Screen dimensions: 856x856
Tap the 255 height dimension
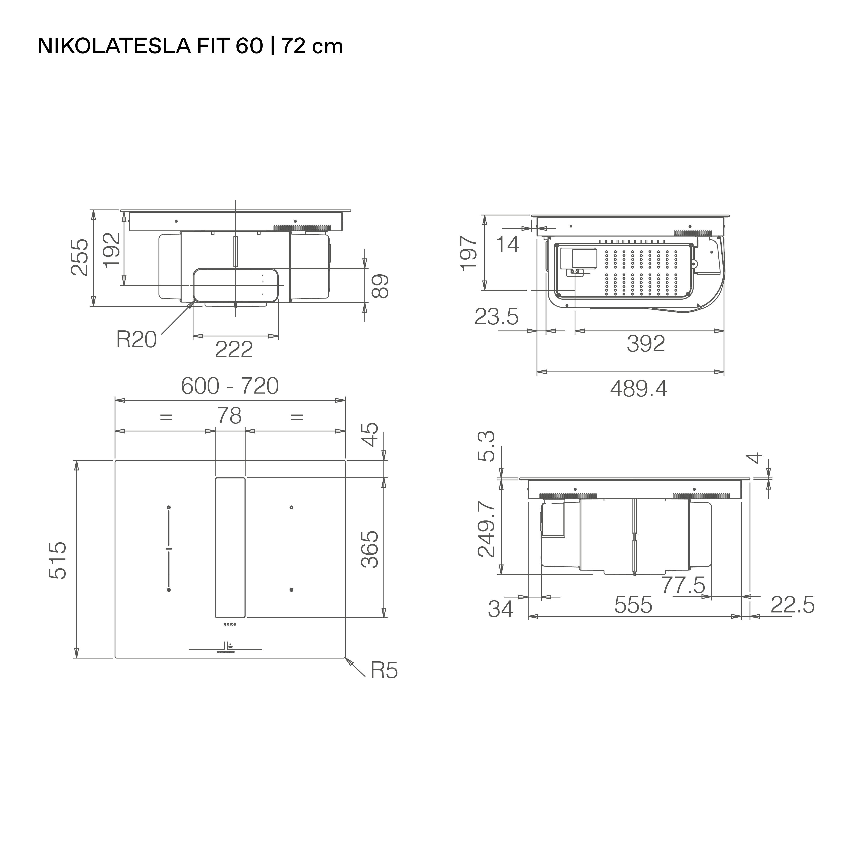point(80,257)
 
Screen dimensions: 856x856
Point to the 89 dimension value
point(380,286)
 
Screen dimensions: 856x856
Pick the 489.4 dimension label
point(638,389)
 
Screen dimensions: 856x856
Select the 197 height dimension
point(469,253)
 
